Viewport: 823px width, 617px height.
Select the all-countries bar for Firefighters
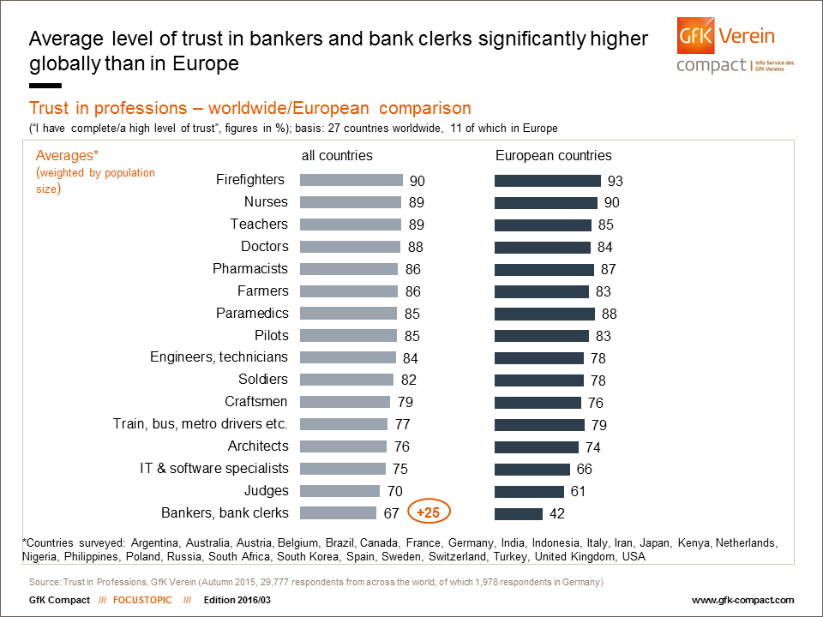pyautogui.click(x=351, y=180)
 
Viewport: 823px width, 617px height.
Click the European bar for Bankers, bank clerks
pyautogui.click(x=519, y=514)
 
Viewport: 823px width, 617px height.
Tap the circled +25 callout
pyautogui.click(x=429, y=512)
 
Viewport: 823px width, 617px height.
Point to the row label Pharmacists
pyautogui.click(x=250, y=269)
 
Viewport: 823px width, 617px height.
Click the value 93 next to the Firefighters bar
pyautogui.click(x=615, y=181)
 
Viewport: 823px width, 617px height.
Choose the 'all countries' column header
pyautogui.click(x=337, y=156)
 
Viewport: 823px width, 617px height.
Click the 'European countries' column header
pyautogui.click(x=554, y=156)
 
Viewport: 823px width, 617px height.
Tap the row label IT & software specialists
pyautogui.click(x=214, y=469)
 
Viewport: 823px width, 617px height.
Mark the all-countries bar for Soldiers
pyautogui.click(x=347, y=380)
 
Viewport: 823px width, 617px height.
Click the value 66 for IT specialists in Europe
pyautogui.click(x=584, y=470)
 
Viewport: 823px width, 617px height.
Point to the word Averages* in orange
pyautogui.click(x=69, y=156)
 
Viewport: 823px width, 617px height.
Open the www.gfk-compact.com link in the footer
pyautogui.click(x=742, y=600)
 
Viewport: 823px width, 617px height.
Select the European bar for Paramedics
pyautogui.click(x=544, y=314)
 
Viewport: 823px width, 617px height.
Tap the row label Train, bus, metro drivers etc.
pyautogui.click(x=201, y=424)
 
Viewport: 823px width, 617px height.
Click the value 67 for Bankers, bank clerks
pyautogui.click(x=393, y=514)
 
